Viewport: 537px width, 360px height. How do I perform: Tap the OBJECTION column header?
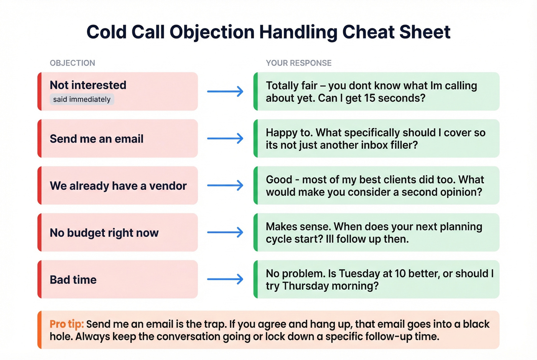point(72,63)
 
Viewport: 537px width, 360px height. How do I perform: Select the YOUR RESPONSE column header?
point(299,63)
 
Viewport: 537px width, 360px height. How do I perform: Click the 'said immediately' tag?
point(82,99)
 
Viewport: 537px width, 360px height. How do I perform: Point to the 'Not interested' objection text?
point(88,85)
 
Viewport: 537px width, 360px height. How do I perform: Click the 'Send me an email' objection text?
point(97,139)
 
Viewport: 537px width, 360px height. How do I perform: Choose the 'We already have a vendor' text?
point(118,186)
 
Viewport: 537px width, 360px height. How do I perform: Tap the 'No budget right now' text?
point(104,233)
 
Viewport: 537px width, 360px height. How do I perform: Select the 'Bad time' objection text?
point(73,280)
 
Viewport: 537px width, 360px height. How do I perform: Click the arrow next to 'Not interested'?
point(225,92)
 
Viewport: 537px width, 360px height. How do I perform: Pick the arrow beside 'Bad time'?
point(225,279)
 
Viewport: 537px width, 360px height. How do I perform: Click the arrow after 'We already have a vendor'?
point(225,186)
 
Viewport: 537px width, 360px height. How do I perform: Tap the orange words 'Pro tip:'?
point(66,324)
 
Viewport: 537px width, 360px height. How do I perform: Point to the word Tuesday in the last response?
point(359,274)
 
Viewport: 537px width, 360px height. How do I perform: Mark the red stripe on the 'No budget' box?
point(40,232)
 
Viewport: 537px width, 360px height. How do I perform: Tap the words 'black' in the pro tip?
point(476,324)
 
